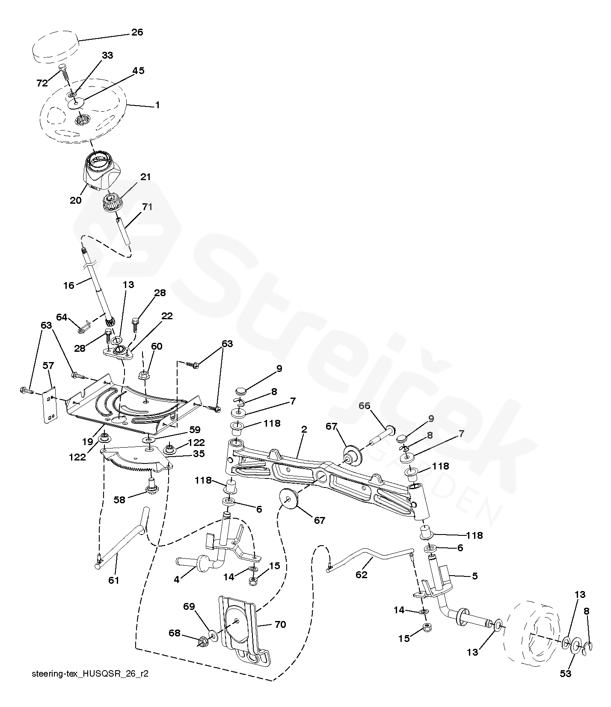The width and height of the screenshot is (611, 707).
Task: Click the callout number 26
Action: [x=137, y=32]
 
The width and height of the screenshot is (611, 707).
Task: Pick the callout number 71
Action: [x=147, y=207]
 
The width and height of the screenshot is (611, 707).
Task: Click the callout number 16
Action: [x=69, y=285]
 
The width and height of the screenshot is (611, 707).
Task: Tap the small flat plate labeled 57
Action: [x=50, y=404]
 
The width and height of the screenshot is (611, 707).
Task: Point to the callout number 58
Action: [x=119, y=499]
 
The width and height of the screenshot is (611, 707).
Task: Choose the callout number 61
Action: [x=113, y=580]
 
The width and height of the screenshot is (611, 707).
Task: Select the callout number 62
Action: [x=362, y=574]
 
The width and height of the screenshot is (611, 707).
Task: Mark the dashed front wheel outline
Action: [x=532, y=629]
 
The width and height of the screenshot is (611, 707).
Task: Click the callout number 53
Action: [x=566, y=674]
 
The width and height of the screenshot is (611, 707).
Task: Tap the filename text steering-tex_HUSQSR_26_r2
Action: [x=90, y=674]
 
